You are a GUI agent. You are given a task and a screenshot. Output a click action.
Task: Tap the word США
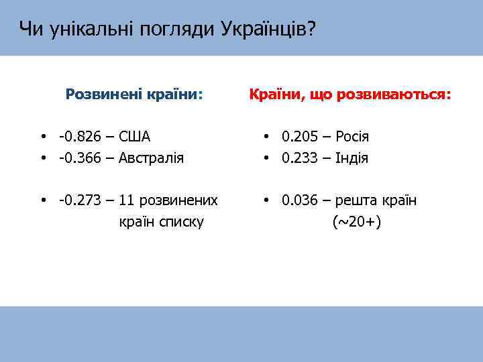(134, 137)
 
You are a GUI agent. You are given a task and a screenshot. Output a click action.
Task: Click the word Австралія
(152, 158)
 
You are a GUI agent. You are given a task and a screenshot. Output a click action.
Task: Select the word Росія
(352, 137)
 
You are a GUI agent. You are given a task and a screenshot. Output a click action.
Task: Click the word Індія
(352, 158)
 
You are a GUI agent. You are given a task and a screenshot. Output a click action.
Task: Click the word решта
(357, 200)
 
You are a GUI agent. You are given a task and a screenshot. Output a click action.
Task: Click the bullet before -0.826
(43, 137)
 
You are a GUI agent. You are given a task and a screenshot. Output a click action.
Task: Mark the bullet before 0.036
(266, 200)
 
